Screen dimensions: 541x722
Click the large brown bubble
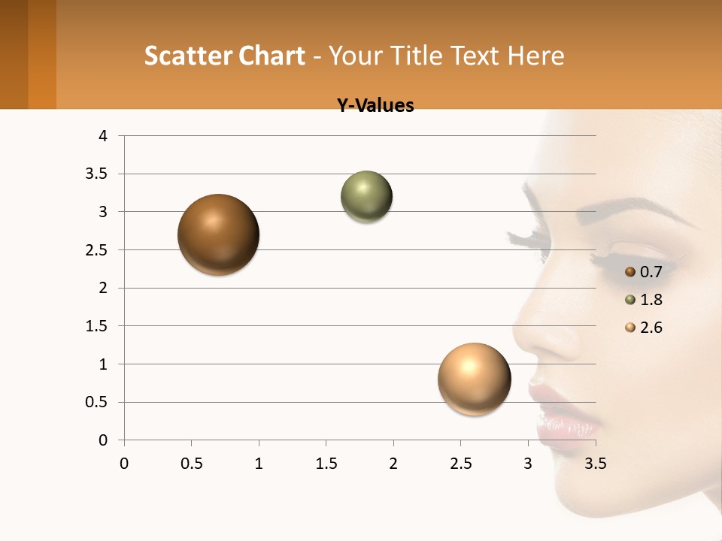point(219,234)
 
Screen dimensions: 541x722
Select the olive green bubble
point(367,197)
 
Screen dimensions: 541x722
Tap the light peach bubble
point(474,379)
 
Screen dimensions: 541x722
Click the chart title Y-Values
point(375,106)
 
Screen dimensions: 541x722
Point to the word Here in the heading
point(536,56)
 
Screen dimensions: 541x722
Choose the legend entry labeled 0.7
point(644,272)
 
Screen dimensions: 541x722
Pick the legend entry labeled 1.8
point(644,300)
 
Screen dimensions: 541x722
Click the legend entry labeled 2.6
point(644,328)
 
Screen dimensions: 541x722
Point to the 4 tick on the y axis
point(103,136)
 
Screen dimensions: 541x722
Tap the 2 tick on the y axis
point(103,288)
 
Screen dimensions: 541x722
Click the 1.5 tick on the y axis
point(99,326)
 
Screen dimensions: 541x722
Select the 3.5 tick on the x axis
point(596,464)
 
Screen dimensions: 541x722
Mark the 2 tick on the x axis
point(393,464)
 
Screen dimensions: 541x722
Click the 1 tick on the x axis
point(259,464)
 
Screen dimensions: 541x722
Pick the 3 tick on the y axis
point(103,212)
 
